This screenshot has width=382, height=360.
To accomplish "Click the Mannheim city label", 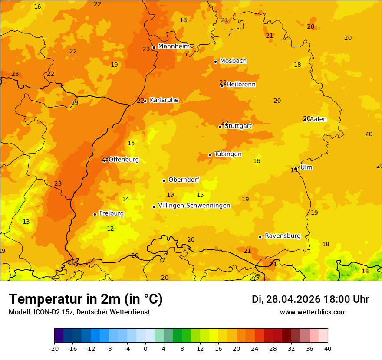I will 174,46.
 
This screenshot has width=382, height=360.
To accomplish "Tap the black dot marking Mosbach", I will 215,62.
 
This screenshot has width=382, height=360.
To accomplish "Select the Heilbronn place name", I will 241,85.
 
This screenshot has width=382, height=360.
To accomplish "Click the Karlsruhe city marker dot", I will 145,101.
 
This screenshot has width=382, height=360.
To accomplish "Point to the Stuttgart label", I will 238,126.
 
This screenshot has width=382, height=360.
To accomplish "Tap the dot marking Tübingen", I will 210,155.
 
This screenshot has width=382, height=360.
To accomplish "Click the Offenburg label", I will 124,160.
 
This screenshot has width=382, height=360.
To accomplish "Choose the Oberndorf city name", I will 184,180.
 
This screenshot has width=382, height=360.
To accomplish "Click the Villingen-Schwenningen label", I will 194,206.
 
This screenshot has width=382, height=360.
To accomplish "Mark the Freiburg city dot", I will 95,214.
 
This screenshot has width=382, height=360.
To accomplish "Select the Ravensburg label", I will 283,236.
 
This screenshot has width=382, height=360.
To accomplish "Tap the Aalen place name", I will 318,119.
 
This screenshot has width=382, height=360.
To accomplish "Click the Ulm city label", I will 306,167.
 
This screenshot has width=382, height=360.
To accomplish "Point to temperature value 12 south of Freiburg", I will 110,229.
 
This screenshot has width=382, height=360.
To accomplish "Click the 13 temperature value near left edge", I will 26,222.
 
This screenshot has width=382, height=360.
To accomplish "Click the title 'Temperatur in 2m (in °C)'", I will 86,299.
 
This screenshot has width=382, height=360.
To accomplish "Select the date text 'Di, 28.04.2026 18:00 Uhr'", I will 310,299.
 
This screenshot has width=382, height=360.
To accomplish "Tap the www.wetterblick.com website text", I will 313,312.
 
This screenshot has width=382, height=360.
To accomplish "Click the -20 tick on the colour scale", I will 54,348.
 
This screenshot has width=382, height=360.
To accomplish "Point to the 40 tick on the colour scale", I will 328,348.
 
